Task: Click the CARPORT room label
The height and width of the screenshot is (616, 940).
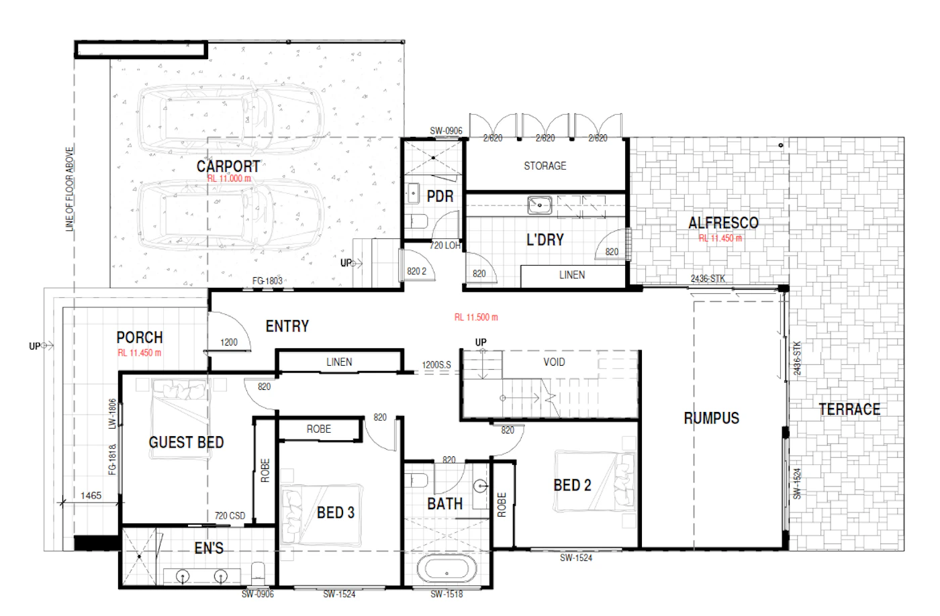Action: pos(228,166)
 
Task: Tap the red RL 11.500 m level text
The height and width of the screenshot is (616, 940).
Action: pos(476,317)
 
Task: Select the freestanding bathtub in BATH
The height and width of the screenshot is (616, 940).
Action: pos(447,569)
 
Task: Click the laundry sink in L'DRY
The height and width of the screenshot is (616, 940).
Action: pos(540,205)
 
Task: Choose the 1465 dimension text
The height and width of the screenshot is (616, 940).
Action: pos(91,496)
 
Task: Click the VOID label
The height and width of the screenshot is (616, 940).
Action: pos(554,362)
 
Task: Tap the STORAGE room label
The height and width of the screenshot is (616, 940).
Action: pos(545,166)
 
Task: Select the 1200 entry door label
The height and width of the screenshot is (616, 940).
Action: pos(229,343)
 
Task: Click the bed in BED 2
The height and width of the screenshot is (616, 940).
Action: pos(595,481)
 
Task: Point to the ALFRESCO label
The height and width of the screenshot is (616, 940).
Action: pos(723,223)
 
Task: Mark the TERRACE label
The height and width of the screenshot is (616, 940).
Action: pos(849,409)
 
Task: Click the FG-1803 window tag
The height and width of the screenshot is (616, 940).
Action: pos(267,281)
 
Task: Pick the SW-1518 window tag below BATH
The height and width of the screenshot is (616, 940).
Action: pos(446,595)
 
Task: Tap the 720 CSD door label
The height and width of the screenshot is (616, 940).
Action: pos(230,516)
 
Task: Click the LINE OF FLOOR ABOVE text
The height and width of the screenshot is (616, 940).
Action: pos(70,189)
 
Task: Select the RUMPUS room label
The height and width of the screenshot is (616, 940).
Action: pos(711,418)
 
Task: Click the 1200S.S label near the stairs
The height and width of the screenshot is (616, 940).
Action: pos(436,365)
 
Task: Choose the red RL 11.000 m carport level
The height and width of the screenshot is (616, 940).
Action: pos(229,178)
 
